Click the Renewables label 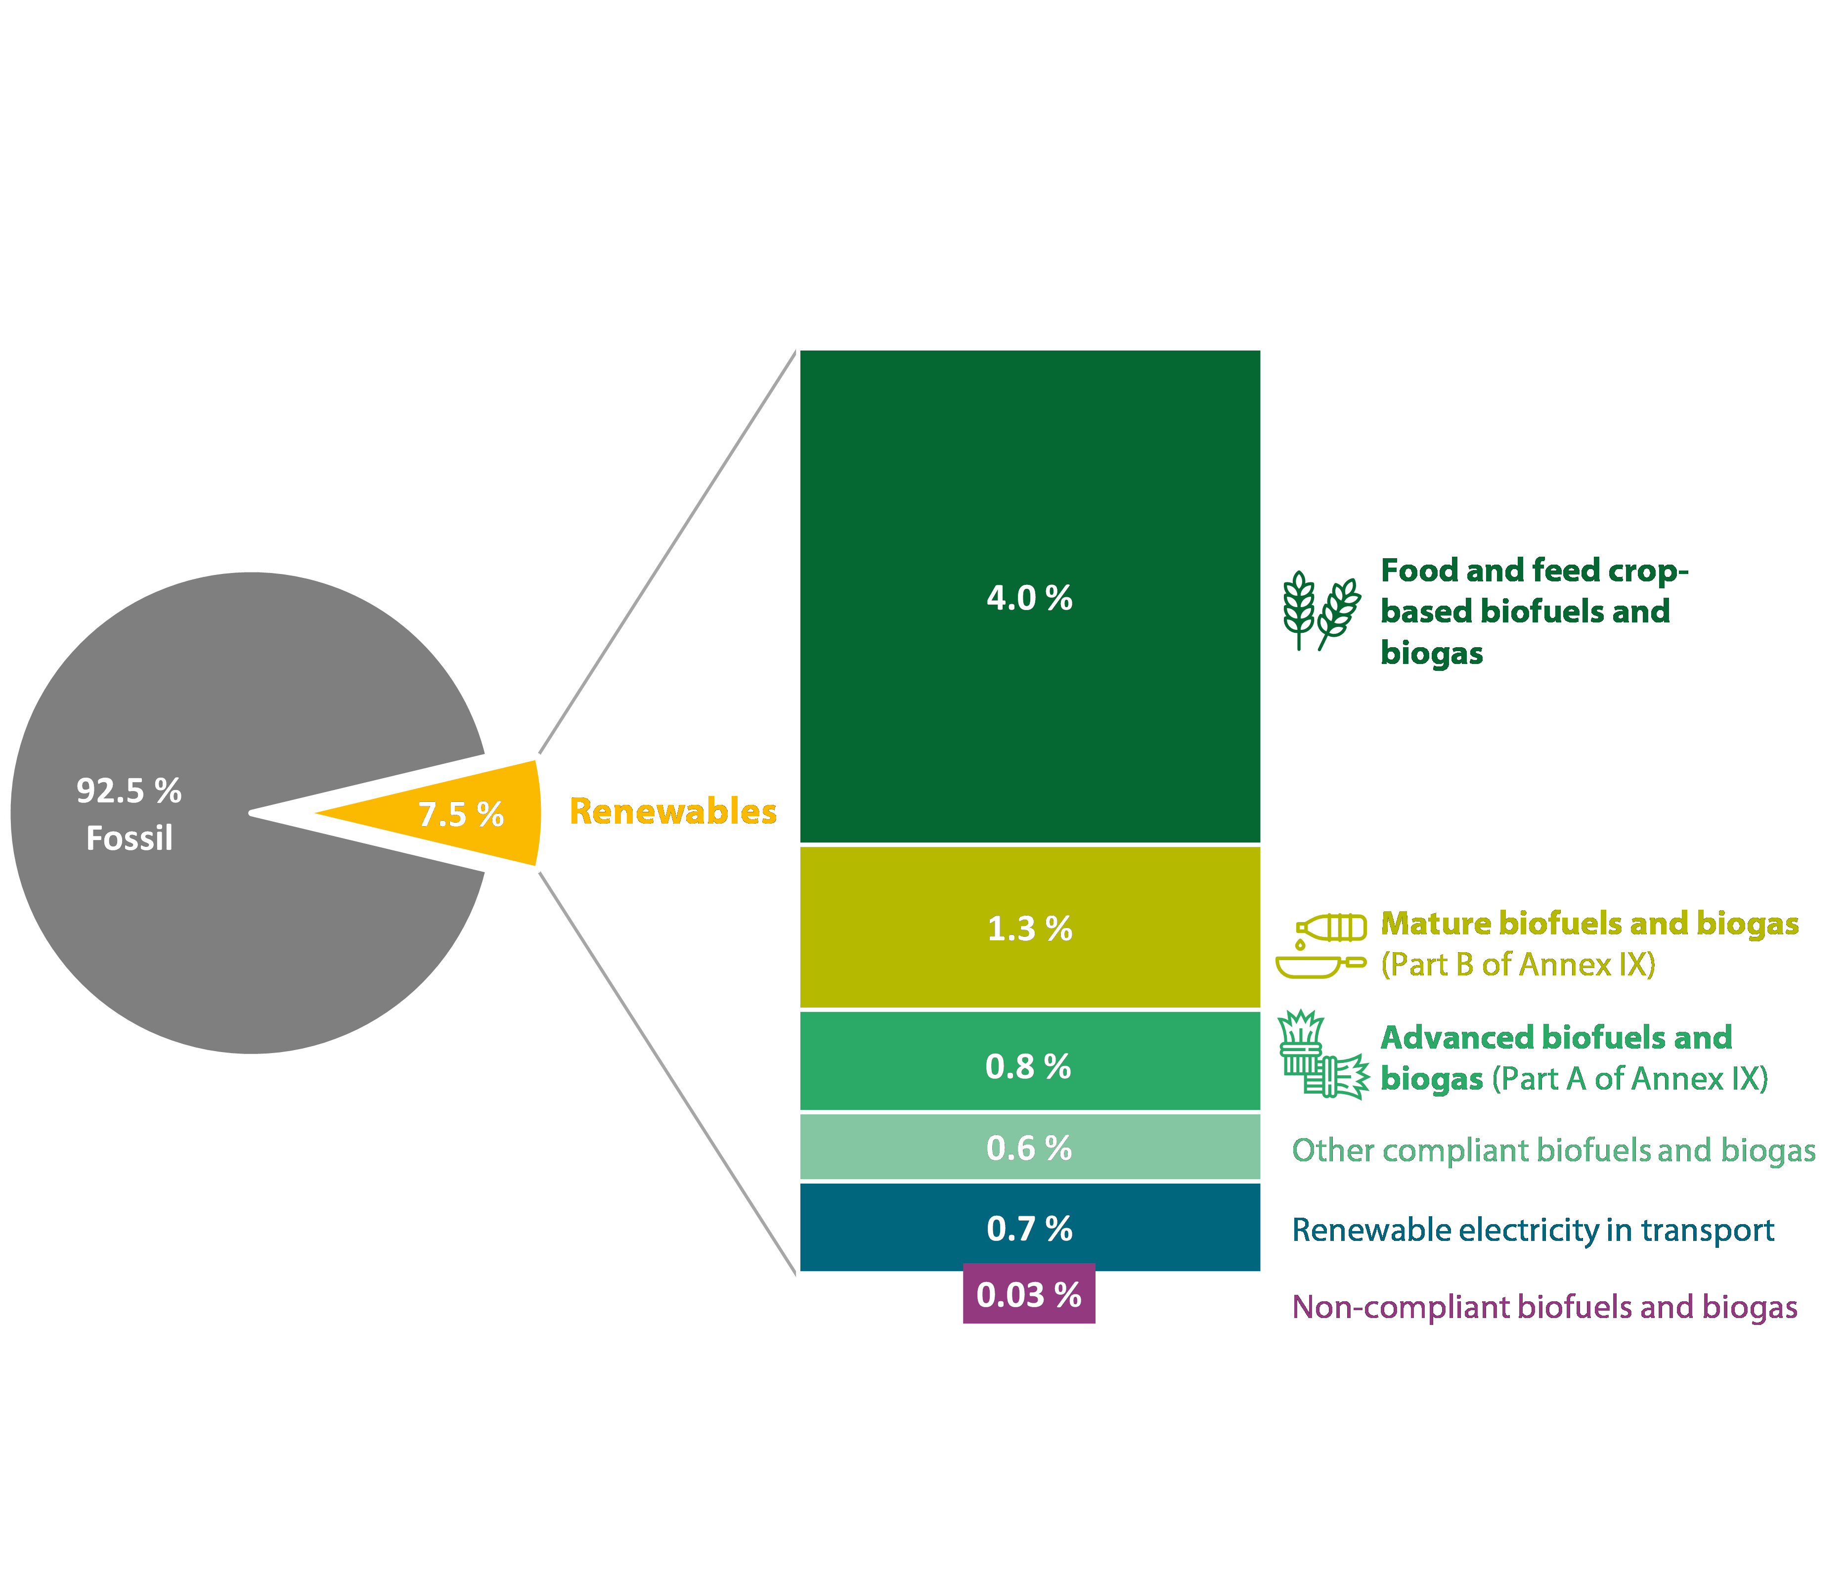pyautogui.click(x=672, y=811)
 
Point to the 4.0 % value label pyautogui.click(x=1029, y=598)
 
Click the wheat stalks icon pyautogui.click(x=1321, y=611)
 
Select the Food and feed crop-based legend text pyautogui.click(x=1534, y=611)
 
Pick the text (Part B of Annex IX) pyautogui.click(x=1517, y=965)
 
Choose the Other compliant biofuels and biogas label pyautogui.click(x=1553, y=1150)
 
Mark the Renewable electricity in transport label pyautogui.click(x=1533, y=1230)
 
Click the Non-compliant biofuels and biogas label pyautogui.click(x=1544, y=1307)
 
